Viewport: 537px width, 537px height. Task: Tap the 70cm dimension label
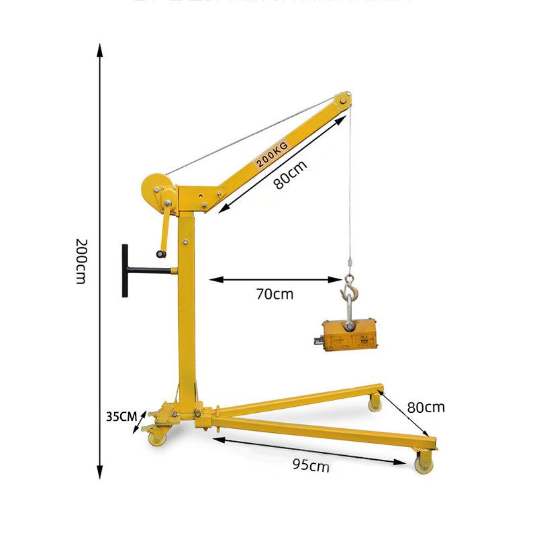(275, 293)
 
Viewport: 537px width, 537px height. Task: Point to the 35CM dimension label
(121, 416)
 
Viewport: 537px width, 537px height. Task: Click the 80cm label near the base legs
(426, 407)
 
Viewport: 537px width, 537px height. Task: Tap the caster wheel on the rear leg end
(375, 403)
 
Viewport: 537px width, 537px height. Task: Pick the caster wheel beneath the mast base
(157, 436)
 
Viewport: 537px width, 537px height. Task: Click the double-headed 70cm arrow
(276, 279)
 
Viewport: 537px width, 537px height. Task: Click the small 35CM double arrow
(141, 422)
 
